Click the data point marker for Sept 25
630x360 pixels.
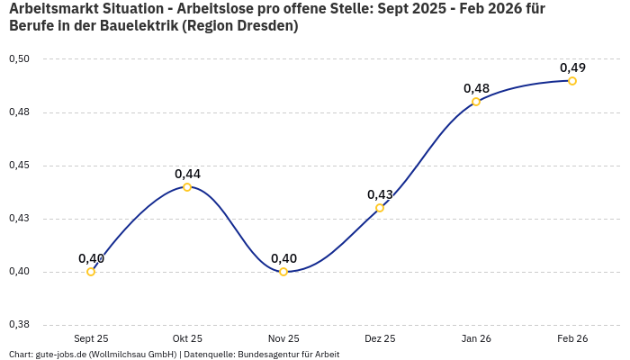(91, 272)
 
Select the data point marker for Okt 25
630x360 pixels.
(187, 187)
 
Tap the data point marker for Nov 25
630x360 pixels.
(283, 272)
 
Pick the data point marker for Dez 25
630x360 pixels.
(380, 208)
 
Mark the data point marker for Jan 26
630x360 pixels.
(476, 102)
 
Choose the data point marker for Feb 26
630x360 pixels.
(572, 81)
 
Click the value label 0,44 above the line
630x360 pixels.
(187, 174)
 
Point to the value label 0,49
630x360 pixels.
(572, 67)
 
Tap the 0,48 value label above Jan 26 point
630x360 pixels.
(476, 88)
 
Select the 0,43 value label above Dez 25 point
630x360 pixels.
(380, 194)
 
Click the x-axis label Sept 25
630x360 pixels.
(91, 338)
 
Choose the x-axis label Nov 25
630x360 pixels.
(283, 338)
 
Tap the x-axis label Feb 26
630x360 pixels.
(572, 338)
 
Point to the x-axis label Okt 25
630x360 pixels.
(187, 338)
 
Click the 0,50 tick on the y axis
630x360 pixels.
(19, 59)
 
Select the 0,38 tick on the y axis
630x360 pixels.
(19, 325)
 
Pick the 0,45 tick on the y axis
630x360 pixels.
(19, 166)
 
